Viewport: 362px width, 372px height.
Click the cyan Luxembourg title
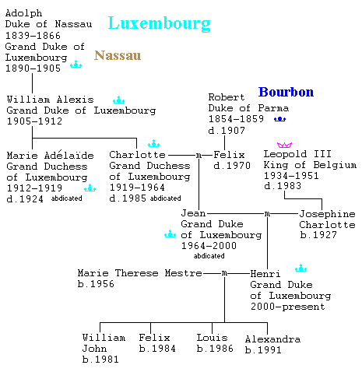point(159,23)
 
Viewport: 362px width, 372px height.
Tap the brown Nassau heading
point(118,55)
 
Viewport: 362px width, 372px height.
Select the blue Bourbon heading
point(286,92)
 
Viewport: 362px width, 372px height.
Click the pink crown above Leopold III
point(284,145)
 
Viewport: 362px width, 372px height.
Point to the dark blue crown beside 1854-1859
point(279,119)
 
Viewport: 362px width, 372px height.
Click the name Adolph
point(23,13)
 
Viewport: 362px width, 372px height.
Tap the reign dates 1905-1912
point(34,121)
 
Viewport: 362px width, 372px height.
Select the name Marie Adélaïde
point(51,155)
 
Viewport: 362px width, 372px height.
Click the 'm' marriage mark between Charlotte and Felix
point(199,155)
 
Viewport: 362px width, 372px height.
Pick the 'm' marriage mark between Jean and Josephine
point(267,214)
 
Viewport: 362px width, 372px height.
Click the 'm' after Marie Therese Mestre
point(224,273)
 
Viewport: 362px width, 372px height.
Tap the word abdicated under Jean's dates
point(209,256)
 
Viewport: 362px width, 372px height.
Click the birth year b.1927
point(318,235)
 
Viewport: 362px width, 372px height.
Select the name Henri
point(265,274)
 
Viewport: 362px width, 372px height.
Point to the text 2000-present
point(288,307)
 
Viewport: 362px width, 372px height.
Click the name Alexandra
point(272,339)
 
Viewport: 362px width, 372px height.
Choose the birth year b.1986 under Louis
point(215,349)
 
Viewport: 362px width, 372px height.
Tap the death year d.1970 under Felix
point(232,166)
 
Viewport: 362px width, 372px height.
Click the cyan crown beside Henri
point(300,268)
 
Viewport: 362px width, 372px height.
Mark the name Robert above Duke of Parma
point(227,97)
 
